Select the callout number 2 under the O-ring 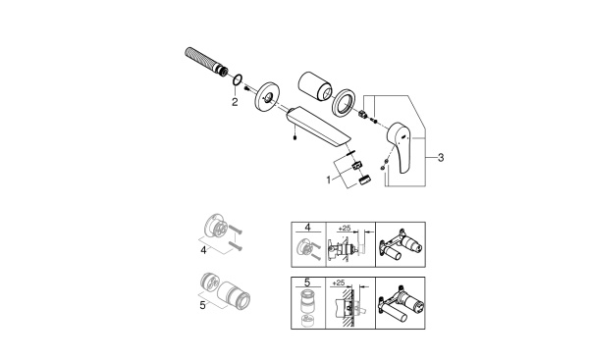[235, 101]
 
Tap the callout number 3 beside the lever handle [442, 157]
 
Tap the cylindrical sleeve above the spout [316, 77]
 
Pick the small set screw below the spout [294, 137]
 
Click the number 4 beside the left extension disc [204, 250]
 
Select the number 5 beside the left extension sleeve [204, 305]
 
